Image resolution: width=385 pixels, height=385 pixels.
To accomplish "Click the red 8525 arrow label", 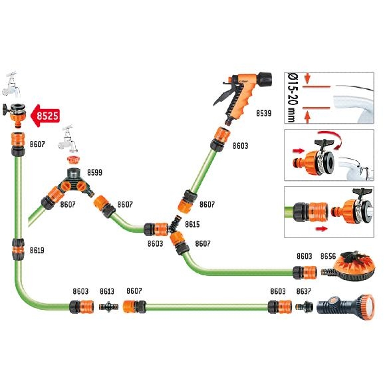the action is click(45, 116).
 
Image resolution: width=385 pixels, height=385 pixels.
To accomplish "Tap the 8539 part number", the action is click(264, 114).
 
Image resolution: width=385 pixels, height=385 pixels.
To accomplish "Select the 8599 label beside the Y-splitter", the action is click(95, 172).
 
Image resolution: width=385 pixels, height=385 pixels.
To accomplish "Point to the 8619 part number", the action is click(37, 250).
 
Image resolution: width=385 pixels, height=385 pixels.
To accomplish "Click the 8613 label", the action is click(107, 291).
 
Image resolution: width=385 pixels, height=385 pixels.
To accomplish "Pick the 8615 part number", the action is click(192, 224).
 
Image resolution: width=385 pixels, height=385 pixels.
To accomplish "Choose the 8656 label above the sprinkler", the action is click(328, 257).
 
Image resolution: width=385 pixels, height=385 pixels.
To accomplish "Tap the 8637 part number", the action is click(304, 291).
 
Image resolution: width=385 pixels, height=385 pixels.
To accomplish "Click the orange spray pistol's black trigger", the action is click(223, 96).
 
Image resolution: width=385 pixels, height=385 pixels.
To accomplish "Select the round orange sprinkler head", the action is click(354, 267).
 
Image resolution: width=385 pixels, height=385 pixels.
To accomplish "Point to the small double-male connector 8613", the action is click(108, 307).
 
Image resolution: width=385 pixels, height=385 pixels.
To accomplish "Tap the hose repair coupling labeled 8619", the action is click(18, 249).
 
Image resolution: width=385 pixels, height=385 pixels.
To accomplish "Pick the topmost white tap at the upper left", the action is click(11, 84).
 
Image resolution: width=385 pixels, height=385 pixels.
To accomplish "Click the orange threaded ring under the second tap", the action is click(74, 160).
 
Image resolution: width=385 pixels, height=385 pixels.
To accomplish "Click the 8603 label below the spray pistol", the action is click(241, 146).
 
